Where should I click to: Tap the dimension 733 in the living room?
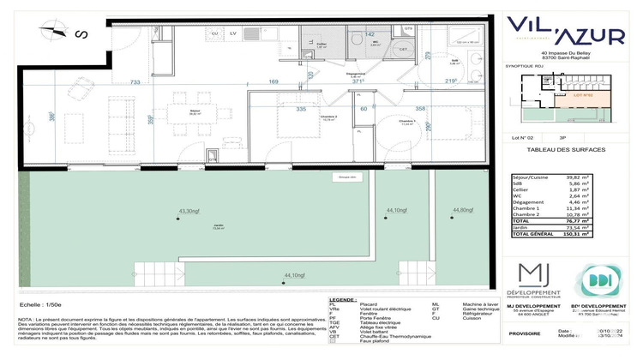tap(135, 82)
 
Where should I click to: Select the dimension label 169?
tap(249, 83)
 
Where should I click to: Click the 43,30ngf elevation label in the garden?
tap(189, 210)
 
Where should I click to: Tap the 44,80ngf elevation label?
tap(464, 210)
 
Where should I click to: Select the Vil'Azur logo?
tap(566, 29)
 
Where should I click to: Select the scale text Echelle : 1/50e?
tap(40, 304)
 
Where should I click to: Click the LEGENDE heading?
tap(343, 299)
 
